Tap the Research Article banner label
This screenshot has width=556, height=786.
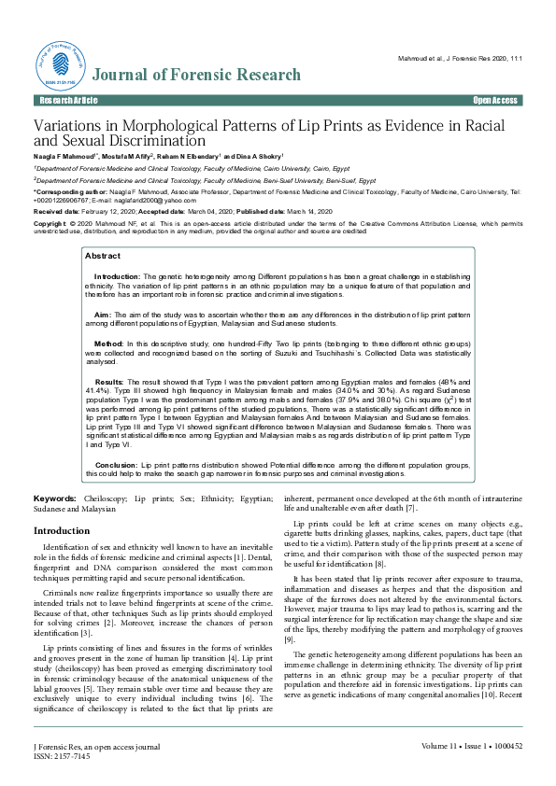67,99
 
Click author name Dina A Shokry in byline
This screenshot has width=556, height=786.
258,156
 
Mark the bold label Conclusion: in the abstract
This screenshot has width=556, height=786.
117,464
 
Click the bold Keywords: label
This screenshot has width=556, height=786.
55,500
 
